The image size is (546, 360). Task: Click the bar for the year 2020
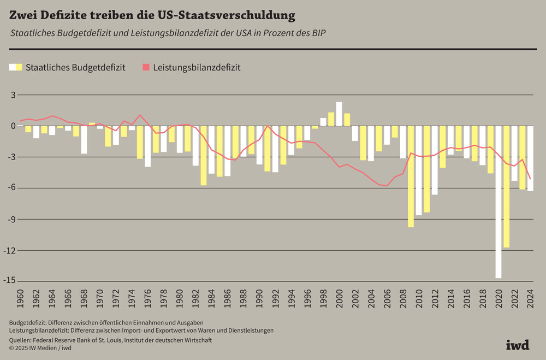(498, 202)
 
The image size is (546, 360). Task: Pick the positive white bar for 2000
(339, 114)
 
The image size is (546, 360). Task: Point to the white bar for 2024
(530, 158)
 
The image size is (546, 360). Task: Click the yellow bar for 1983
(204, 156)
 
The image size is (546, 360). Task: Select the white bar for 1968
(84, 140)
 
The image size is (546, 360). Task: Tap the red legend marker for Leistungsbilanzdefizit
(146, 68)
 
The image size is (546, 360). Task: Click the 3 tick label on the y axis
(13, 95)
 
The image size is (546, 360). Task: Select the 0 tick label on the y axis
(13, 126)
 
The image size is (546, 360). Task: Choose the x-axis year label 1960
(21, 299)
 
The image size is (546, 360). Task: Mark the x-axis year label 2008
(402, 299)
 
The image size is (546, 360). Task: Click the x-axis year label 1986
(228, 299)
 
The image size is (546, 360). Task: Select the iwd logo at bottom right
(518, 345)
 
